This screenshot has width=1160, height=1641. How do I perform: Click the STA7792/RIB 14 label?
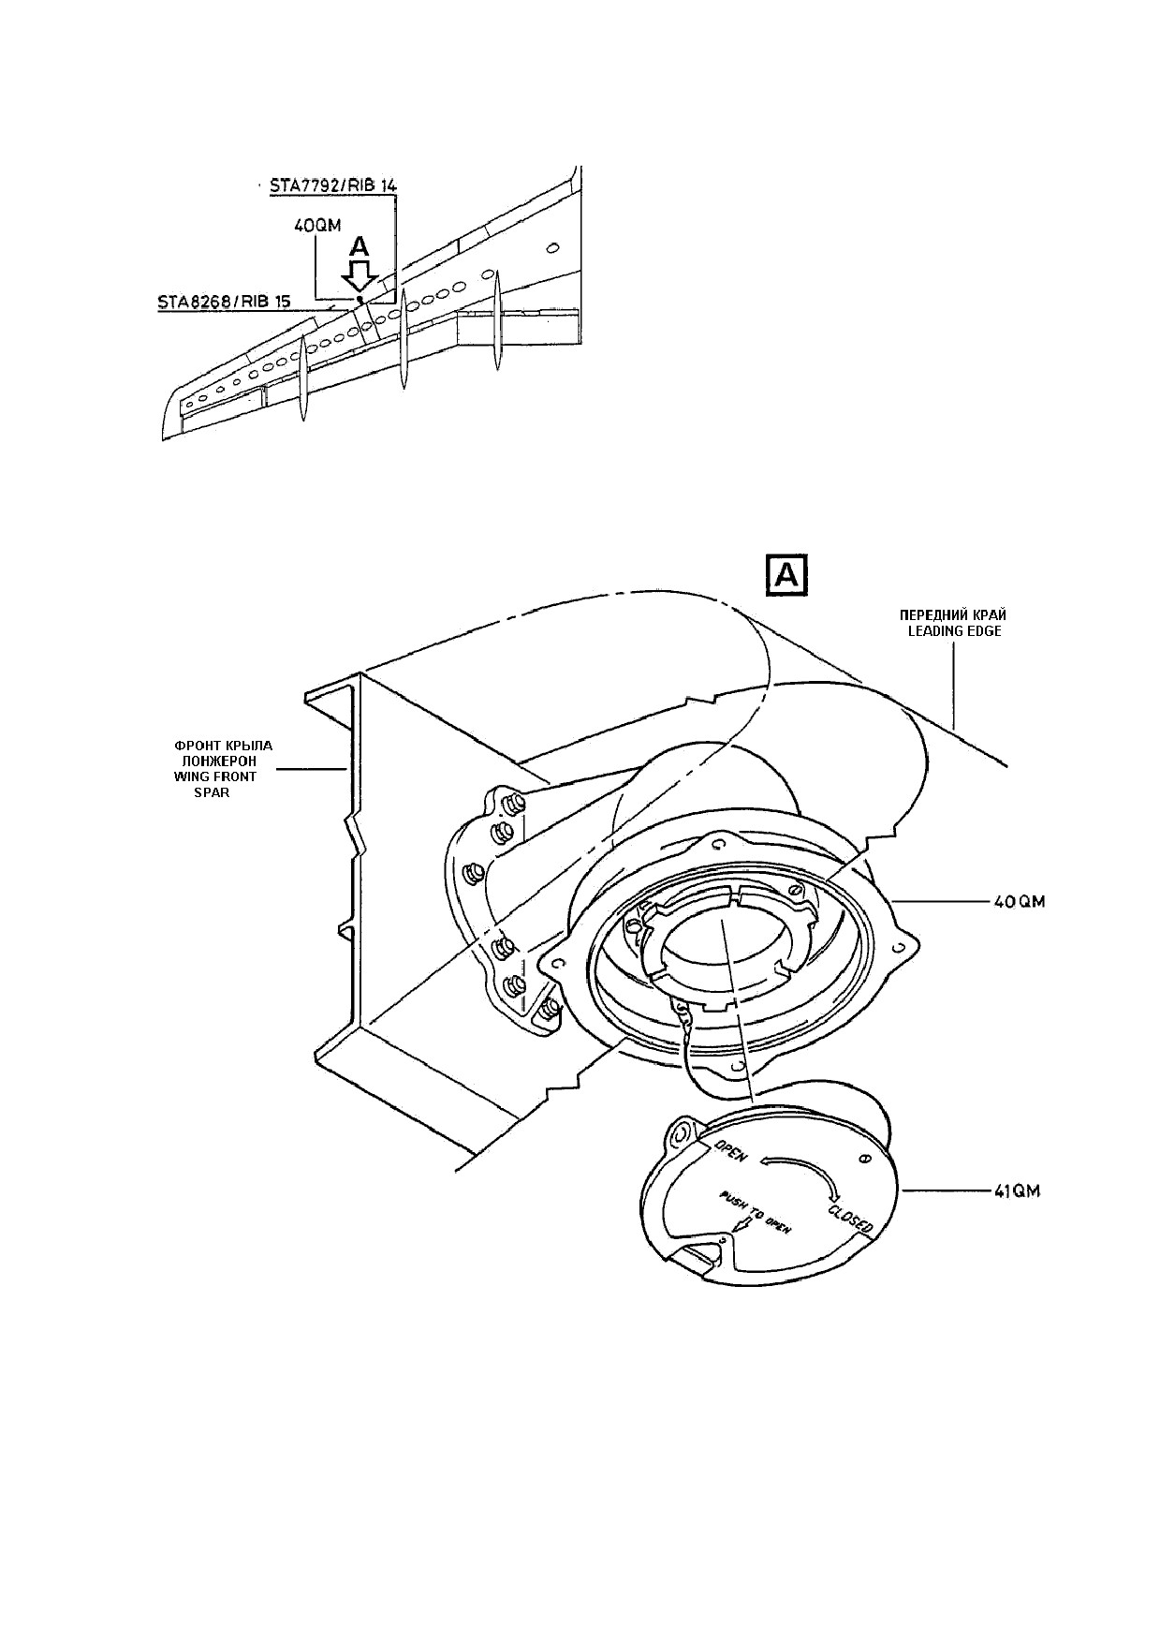[x=332, y=185]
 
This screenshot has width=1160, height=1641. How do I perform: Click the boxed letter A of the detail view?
[x=787, y=576]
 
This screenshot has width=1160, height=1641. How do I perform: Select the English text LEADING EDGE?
[x=954, y=631]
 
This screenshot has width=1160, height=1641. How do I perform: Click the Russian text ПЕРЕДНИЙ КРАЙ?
[x=953, y=615]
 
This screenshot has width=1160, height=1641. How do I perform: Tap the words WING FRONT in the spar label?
[x=215, y=776]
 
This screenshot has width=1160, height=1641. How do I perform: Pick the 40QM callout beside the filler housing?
[x=1019, y=902]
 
